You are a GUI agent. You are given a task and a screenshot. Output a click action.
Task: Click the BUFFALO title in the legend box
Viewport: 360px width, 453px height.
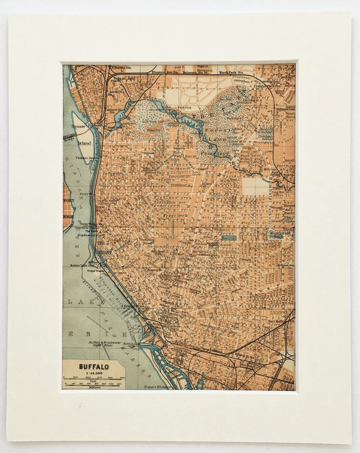(x=93, y=366)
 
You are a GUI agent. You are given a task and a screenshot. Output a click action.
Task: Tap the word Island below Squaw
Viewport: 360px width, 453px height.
(x=84, y=143)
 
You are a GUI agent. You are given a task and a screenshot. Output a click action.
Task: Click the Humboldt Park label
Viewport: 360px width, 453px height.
(x=280, y=234)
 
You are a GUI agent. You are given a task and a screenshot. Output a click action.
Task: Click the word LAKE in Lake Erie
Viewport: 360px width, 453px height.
(x=78, y=301)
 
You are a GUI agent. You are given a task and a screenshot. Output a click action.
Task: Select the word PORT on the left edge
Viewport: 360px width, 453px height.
(x=68, y=200)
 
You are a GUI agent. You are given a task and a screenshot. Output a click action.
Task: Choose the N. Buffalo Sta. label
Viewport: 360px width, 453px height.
(x=121, y=68)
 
